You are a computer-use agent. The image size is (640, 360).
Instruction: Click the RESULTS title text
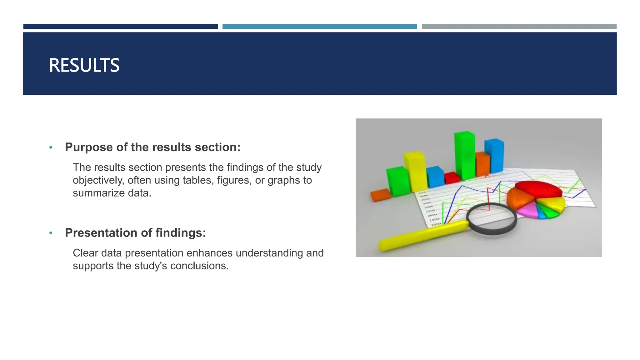pyautogui.click(x=84, y=65)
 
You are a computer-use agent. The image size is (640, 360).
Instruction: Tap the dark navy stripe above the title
pyautogui.click(x=120, y=27)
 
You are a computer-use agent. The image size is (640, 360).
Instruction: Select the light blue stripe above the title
pyautogui.click(x=319, y=27)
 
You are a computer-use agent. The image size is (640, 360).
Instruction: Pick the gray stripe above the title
pyautogui.click(x=519, y=27)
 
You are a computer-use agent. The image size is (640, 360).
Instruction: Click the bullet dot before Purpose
pyautogui.click(x=51, y=147)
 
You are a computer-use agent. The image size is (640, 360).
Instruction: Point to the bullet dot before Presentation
pyautogui.click(x=51, y=233)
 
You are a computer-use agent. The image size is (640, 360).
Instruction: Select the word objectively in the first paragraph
pyautogui.click(x=98, y=180)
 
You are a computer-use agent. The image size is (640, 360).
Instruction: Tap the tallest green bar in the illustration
pyautogui.click(x=464, y=155)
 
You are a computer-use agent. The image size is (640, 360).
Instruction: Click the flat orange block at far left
pyautogui.click(x=380, y=195)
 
